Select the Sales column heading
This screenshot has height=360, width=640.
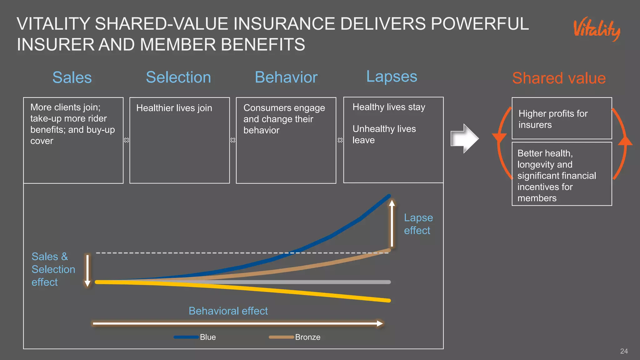click(x=72, y=77)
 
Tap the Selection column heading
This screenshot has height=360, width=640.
click(x=178, y=77)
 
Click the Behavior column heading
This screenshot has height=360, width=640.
click(x=286, y=77)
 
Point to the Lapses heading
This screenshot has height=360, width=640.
click(x=392, y=77)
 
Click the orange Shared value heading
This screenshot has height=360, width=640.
click(x=559, y=78)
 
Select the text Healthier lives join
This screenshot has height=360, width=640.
click(x=174, y=108)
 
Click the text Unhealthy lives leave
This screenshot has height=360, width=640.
click(x=384, y=134)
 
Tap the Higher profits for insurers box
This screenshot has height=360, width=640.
click(x=562, y=118)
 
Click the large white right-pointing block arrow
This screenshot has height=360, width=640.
click(x=464, y=138)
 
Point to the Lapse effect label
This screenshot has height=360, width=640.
click(x=418, y=224)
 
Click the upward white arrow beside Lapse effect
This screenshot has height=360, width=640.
click(x=392, y=223)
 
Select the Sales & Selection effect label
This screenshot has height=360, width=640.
click(x=53, y=269)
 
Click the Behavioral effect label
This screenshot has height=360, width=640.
click(x=228, y=311)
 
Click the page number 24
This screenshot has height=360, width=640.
click(x=624, y=351)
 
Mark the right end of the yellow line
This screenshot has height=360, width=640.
click(x=389, y=301)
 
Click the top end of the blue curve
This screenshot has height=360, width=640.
click(x=389, y=196)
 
